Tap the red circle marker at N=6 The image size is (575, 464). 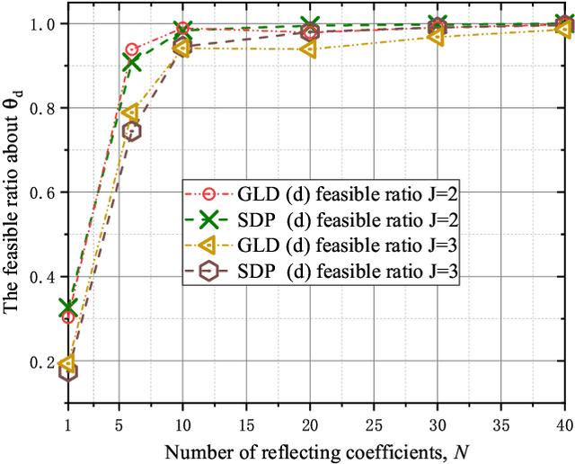coord(132,50)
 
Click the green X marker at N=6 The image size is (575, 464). coord(132,63)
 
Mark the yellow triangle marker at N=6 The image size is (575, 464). coord(131,113)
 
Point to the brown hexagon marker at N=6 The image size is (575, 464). coord(132,131)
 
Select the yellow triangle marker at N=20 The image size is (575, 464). coord(309,49)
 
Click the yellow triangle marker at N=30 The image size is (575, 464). coord(437,37)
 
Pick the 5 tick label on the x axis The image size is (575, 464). coord(119,423)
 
